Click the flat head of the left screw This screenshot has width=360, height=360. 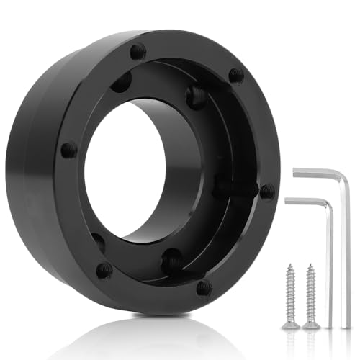(290, 325)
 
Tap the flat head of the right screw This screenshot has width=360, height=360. (311, 325)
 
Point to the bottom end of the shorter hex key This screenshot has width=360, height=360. (332, 325)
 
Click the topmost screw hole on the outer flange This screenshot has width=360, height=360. (138, 51)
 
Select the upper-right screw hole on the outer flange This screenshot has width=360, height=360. (235, 75)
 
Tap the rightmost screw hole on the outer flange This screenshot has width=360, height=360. (266, 192)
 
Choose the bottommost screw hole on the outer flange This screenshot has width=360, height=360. (204, 288)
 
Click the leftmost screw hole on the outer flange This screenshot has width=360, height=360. (68, 150)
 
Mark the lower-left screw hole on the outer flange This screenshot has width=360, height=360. (104, 270)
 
